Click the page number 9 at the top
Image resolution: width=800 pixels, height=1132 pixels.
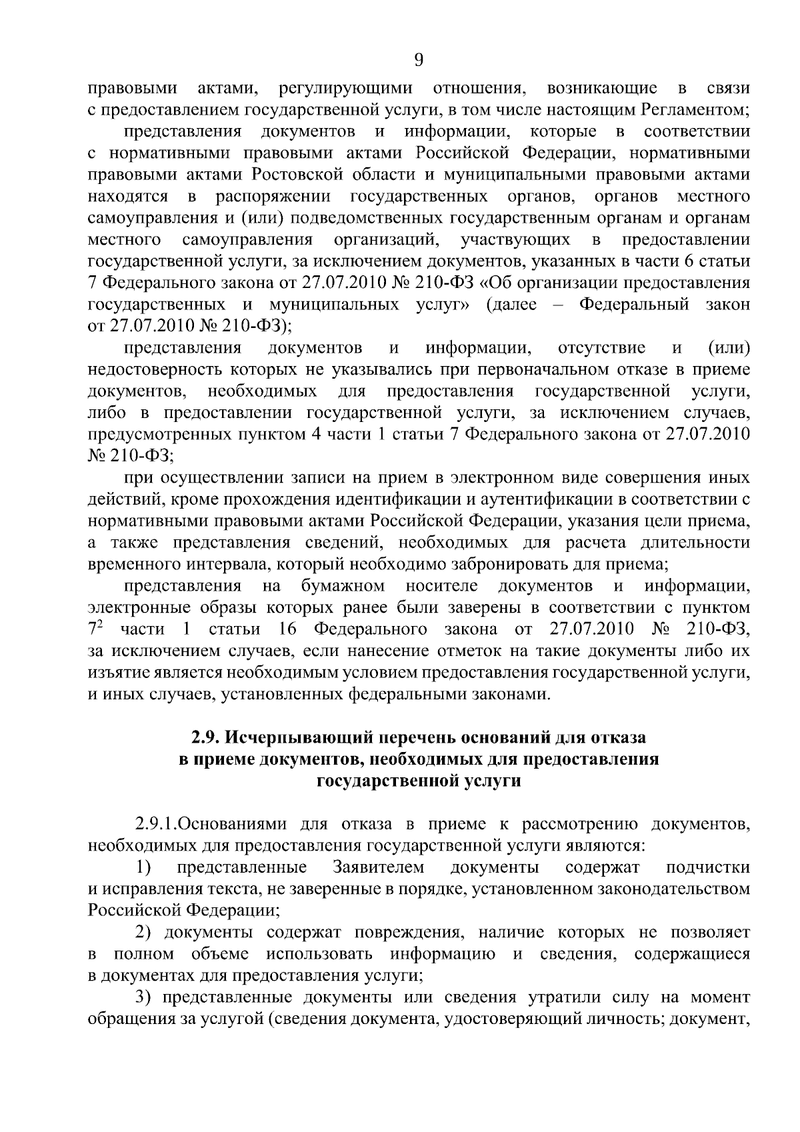click(x=419, y=60)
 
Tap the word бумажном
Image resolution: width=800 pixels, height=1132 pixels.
click(x=343, y=587)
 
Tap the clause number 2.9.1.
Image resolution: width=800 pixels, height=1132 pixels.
click(x=155, y=825)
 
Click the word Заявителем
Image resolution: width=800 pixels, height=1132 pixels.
click(x=378, y=867)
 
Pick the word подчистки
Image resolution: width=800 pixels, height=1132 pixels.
click(x=708, y=867)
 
